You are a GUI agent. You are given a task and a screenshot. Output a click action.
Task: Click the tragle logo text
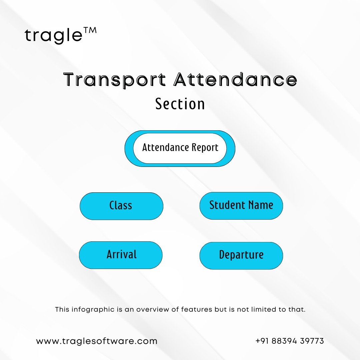click(53, 36)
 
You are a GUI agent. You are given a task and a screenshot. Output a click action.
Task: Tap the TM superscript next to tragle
click(90, 31)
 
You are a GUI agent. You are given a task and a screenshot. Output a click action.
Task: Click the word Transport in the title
click(114, 80)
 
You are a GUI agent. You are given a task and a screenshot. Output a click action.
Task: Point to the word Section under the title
click(180, 104)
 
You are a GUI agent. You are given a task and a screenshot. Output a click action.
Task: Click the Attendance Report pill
click(180, 148)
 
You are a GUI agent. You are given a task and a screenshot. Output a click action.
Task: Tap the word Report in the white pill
click(205, 148)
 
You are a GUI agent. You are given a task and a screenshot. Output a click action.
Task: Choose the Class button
click(121, 206)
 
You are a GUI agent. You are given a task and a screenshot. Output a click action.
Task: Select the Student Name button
click(241, 206)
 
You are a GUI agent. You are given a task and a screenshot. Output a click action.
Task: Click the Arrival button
click(121, 255)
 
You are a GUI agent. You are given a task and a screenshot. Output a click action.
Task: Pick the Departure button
click(241, 256)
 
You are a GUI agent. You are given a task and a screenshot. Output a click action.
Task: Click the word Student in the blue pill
click(227, 205)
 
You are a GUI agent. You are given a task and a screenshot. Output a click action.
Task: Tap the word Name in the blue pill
click(261, 205)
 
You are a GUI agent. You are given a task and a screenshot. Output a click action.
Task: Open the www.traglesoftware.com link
click(97, 341)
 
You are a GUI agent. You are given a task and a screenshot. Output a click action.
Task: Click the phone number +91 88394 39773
click(290, 341)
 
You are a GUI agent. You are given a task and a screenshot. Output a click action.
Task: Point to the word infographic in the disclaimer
click(93, 309)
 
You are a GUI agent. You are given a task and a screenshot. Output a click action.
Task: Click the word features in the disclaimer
click(197, 309)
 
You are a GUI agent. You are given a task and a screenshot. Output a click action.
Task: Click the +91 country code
click(262, 341)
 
